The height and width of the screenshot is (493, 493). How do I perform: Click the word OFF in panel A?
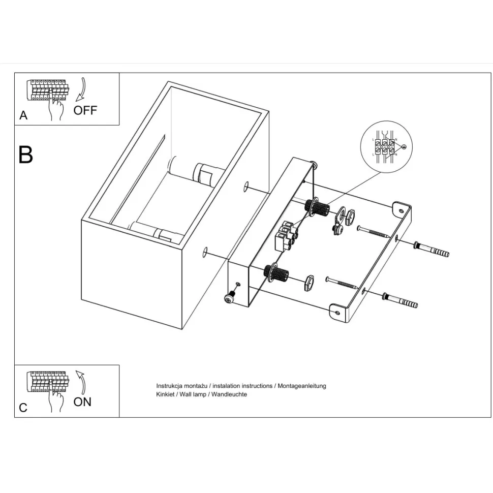[85, 110]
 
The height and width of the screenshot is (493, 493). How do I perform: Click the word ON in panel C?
[82, 402]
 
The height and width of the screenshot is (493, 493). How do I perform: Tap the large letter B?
[25, 155]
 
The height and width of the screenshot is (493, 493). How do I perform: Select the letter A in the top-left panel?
[23, 116]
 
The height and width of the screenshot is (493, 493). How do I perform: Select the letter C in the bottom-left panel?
[23, 408]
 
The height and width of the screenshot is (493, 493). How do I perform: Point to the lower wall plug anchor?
[400, 300]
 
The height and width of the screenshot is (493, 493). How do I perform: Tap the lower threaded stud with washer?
[275, 274]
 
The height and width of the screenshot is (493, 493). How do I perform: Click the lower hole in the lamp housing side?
[205, 252]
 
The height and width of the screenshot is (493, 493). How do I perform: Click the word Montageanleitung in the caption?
[301, 386]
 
